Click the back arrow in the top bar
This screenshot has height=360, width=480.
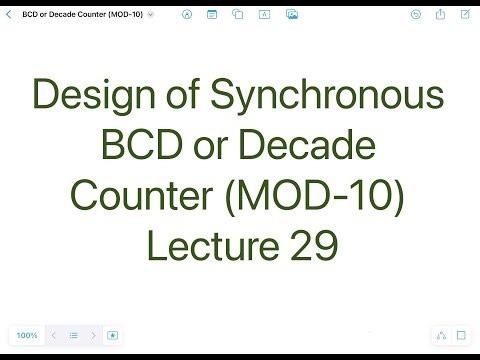coord(9,15)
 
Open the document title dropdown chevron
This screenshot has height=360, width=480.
coord(150,15)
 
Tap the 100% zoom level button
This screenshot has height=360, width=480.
coord(27,335)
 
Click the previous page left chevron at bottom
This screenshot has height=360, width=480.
coord(53,335)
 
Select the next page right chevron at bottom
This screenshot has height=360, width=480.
coord(93,335)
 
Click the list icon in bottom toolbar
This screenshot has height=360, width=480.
coord(73,335)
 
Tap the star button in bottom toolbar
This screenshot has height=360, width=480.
coord(113,335)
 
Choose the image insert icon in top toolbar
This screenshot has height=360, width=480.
coord(291,15)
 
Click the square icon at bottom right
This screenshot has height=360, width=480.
coord(461,335)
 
